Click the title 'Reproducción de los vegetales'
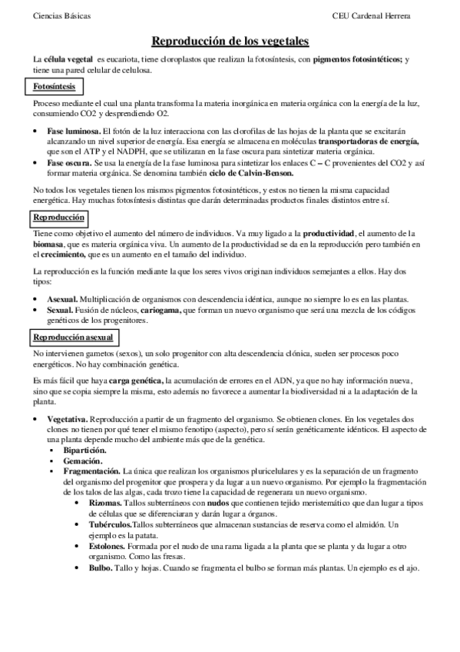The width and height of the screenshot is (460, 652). pyautogui.click(x=230, y=40)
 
